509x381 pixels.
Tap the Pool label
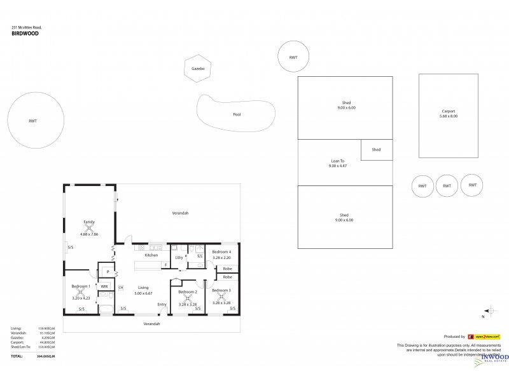pyautogui.click(x=237, y=115)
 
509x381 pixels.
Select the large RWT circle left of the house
pyautogui.click(x=36, y=120)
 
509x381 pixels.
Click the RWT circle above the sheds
pyautogui.click(x=293, y=58)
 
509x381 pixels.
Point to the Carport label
pyautogui.click(x=448, y=111)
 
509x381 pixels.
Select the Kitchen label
pyautogui.click(x=151, y=255)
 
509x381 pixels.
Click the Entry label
pyautogui.click(x=162, y=305)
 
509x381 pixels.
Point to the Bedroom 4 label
pyautogui.click(x=221, y=251)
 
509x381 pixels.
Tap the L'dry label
pyautogui.click(x=179, y=257)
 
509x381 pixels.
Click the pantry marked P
pyautogui.click(x=108, y=271)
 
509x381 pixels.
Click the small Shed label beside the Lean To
pyautogui.click(x=376, y=150)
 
